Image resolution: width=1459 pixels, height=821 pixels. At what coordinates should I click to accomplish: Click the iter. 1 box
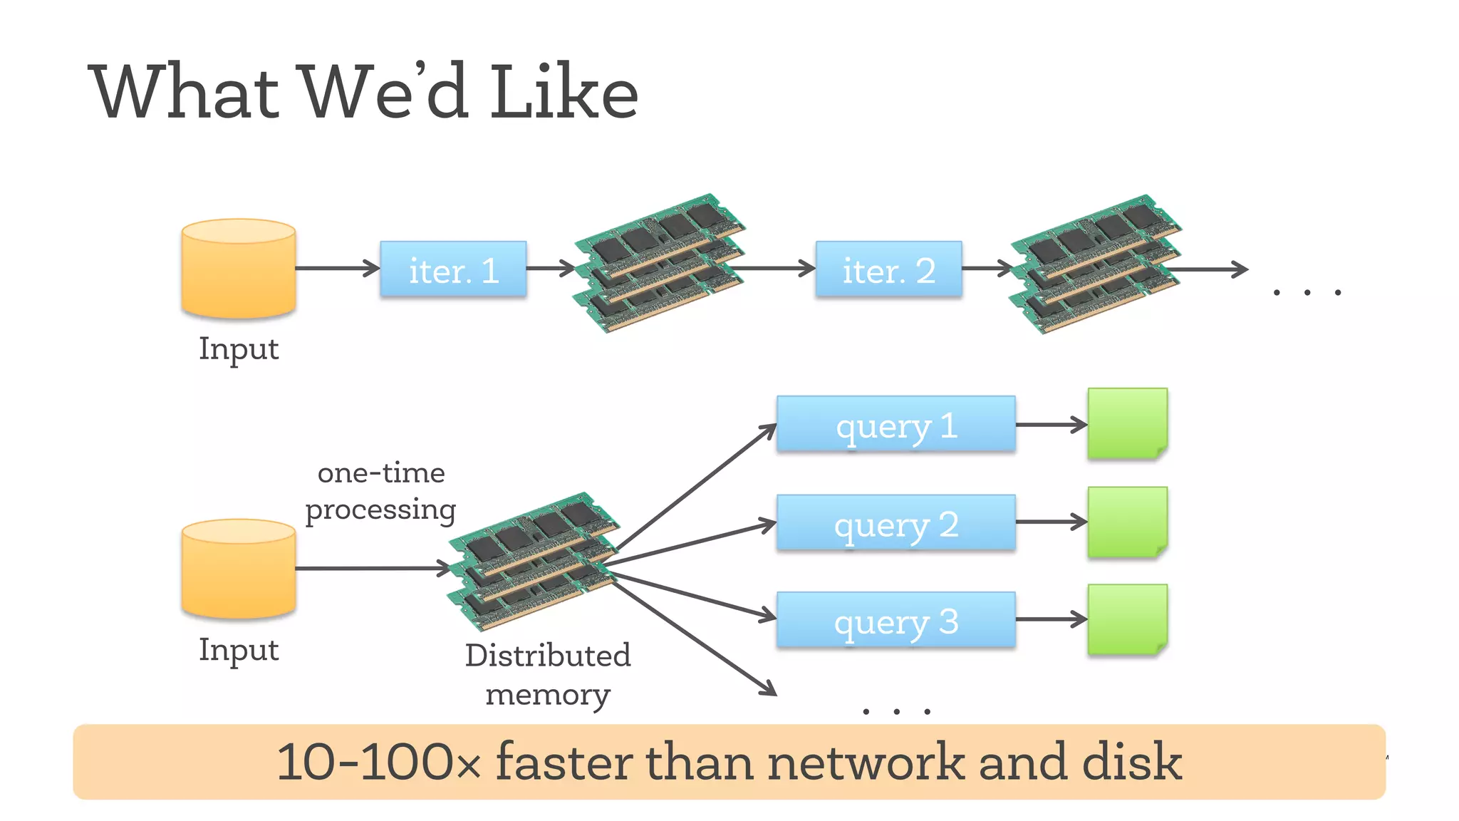(453, 269)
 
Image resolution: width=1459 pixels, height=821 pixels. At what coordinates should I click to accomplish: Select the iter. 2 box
(888, 269)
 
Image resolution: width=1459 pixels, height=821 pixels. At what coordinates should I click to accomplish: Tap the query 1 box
(895, 425)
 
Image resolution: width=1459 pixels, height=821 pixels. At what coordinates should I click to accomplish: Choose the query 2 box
(895, 523)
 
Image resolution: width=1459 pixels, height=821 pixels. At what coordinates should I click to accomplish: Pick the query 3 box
(895, 620)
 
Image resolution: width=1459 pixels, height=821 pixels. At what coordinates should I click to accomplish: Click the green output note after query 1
(1127, 423)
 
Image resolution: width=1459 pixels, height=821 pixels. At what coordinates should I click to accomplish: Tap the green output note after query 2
(1127, 522)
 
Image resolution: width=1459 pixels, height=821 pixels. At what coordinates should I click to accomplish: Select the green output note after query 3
(1127, 619)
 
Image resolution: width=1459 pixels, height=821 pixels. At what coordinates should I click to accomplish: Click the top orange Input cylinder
(239, 269)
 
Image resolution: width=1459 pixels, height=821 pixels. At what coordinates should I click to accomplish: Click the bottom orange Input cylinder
(239, 569)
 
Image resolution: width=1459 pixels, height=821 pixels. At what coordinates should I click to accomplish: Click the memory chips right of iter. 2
(1096, 264)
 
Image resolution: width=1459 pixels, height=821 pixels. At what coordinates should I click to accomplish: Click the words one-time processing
(381, 491)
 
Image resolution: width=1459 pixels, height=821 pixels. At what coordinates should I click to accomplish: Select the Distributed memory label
(548, 674)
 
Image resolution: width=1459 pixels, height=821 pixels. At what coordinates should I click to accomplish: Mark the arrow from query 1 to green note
(1051, 425)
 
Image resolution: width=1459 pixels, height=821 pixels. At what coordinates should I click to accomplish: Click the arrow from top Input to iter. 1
(337, 269)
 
